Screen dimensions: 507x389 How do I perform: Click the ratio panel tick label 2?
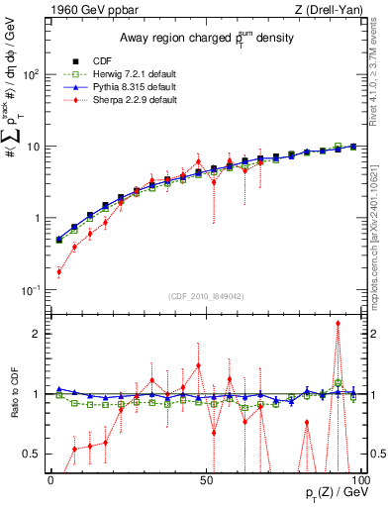tap(35, 334)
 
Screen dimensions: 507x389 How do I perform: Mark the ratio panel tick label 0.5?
tap(30, 455)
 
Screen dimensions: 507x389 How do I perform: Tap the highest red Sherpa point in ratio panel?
tap(339, 323)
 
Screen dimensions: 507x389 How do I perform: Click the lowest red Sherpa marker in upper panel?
tap(58, 271)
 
